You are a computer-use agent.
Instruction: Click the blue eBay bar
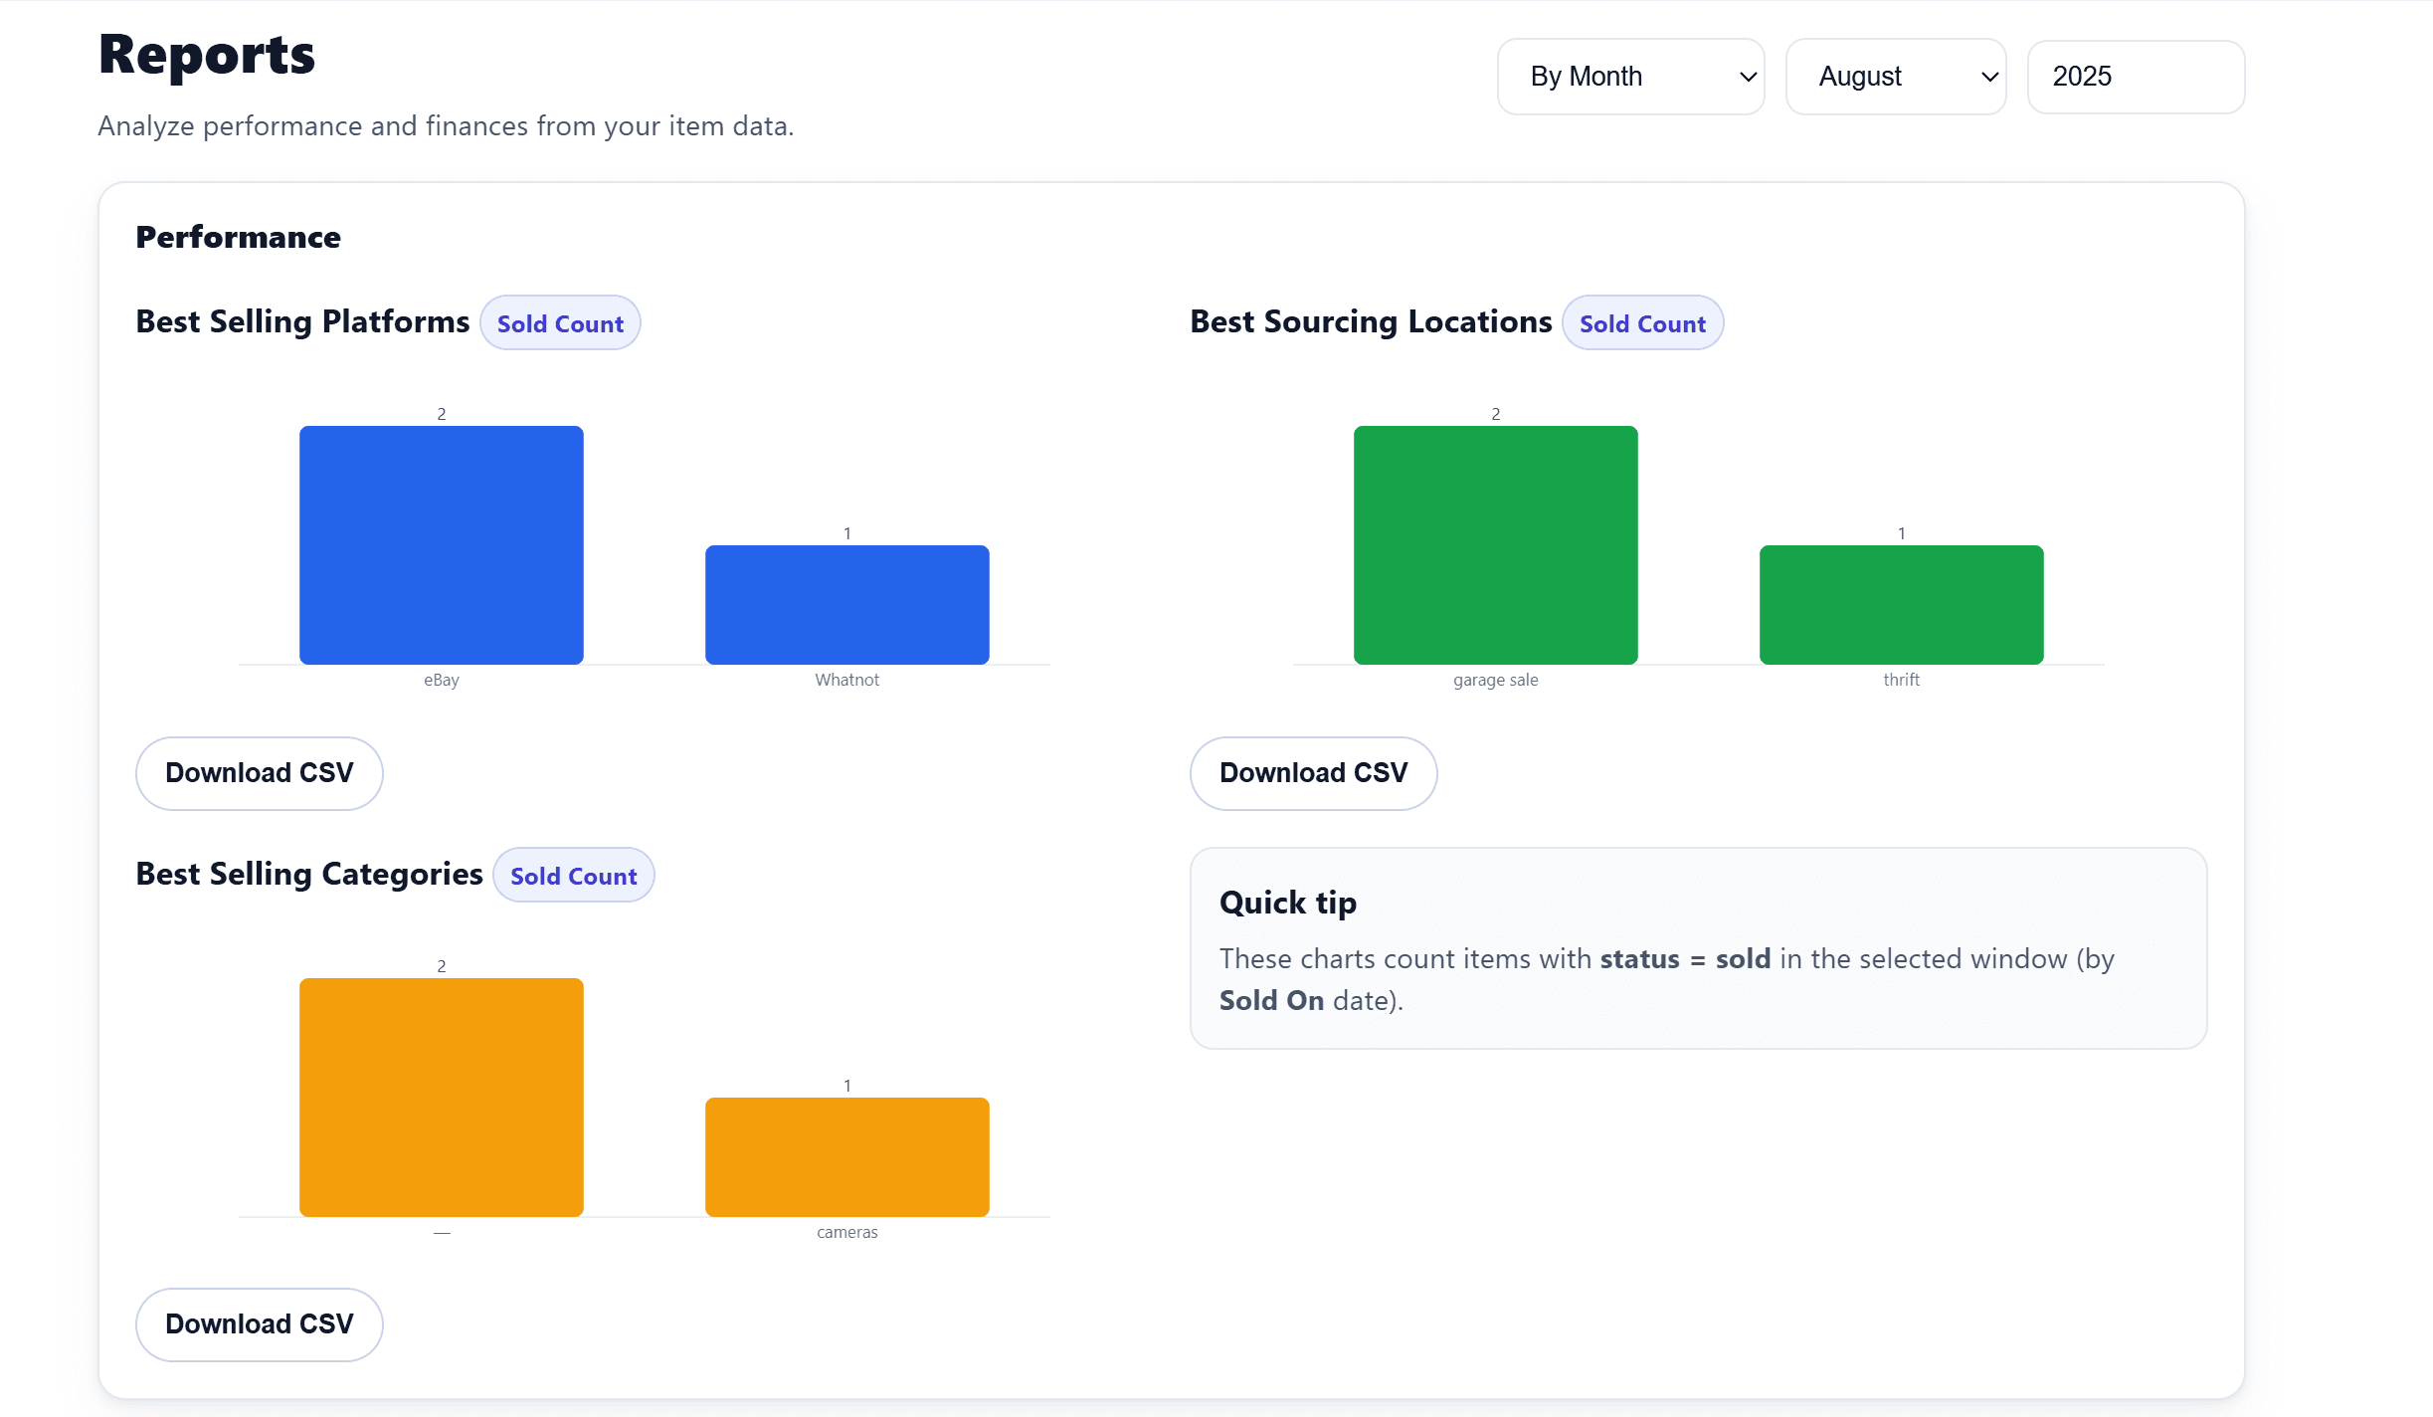click(441, 545)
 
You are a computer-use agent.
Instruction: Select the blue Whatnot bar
click(846, 605)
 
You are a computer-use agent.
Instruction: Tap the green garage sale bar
click(1495, 545)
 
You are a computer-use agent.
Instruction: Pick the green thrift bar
click(1901, 605)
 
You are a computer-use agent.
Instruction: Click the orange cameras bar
click(846, 1157)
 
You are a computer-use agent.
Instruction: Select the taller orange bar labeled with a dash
click(441, 1098)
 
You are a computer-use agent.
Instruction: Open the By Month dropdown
click(1630, 77)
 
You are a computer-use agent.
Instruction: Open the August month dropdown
click(1895, 77)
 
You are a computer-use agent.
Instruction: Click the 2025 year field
click(2135, 77)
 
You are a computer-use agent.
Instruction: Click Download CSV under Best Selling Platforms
click(260, 773)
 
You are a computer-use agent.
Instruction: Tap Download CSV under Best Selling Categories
click(260, 1324)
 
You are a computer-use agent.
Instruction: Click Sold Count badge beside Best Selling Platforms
click(560, 323)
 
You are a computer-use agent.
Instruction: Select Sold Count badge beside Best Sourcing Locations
click(1642, 323)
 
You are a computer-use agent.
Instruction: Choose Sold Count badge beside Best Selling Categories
click(573, 876)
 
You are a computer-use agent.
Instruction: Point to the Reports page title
click(207, 55)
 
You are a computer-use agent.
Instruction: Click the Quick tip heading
click(1288, 903)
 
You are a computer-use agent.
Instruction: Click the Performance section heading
click(239, 237)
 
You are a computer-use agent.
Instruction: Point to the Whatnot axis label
click(846, 680)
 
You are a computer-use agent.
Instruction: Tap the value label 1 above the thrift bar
click(1901, 533)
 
